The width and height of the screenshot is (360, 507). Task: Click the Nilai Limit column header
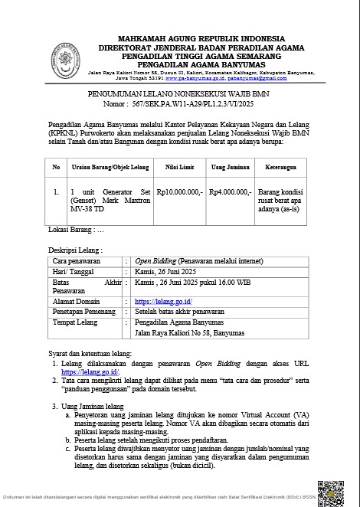178,166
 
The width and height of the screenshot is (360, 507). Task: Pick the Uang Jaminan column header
228,166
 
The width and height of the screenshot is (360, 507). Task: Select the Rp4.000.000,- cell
229,193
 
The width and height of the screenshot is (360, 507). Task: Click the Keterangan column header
281,166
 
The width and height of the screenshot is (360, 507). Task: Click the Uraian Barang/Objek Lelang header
108,166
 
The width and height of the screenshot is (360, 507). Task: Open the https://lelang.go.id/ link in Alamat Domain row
163,302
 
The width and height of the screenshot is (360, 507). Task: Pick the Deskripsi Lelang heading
75,250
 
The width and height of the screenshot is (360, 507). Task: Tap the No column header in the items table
56,166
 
